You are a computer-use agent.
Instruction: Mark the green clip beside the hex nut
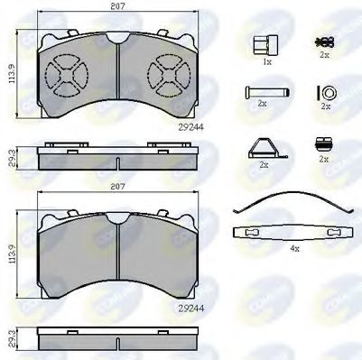(320, 42)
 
